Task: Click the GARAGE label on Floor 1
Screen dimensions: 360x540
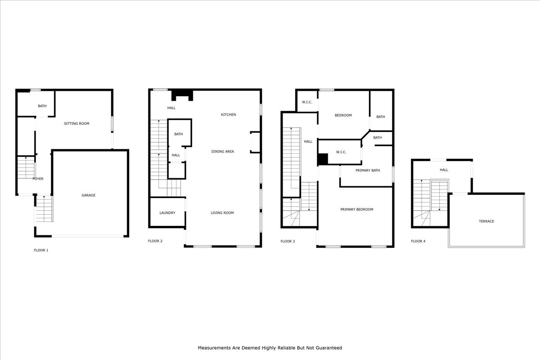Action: tap(88, 195)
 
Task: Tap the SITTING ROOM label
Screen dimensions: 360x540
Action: tap(76, 123)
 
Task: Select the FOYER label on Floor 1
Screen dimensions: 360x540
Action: tap(38, 179)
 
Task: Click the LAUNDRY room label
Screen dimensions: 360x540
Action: tap(167, 213)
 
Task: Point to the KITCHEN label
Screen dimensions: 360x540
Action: tap(228, 115)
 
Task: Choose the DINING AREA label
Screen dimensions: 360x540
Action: tap(222, 152)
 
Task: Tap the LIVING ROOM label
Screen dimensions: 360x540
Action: tap(222, 213)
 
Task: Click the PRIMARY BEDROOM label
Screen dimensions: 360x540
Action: tap(356, 209)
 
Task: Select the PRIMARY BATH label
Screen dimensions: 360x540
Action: tap(368, 171)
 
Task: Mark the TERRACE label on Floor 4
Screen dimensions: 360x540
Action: tap(486, 221)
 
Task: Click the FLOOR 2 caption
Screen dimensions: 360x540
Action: tap(155, 241)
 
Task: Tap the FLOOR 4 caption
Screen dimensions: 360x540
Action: tap(418, 241)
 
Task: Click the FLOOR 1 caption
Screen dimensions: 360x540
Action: tap(41, 250)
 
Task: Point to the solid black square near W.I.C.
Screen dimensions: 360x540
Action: tap(323, 159)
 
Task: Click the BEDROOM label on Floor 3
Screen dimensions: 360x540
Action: tap(343, 116)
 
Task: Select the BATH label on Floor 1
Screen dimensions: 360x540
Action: tap(42, 106)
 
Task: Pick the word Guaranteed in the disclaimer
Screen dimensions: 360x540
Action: tap(328, 348)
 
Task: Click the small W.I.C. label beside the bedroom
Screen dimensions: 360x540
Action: tap(307, 102)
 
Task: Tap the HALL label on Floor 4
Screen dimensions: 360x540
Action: tap(444, 170)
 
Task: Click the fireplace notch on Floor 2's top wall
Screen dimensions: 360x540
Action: tap(182, 94)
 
